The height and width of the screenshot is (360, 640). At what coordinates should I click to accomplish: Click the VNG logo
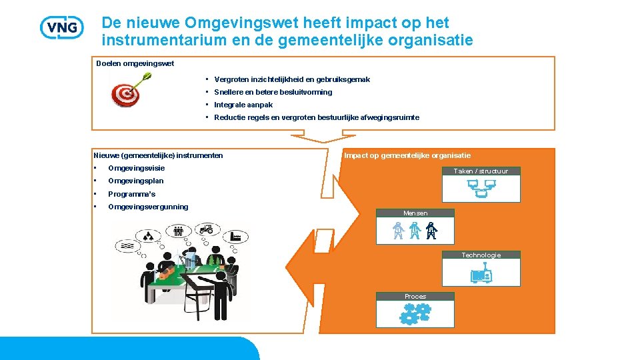click(62, 27)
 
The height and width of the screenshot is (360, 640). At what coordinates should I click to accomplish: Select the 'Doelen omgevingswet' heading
click(135, 63)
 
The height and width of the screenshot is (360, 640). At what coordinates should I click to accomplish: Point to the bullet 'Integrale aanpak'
click(243, 105)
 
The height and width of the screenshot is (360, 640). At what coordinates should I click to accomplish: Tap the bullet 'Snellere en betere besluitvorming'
click(273, 92)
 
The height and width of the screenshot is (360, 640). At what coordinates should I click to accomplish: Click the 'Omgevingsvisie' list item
click(136, 168)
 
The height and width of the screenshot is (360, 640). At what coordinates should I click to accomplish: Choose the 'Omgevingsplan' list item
click(135, 181)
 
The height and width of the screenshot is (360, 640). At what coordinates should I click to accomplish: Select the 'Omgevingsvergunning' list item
click(148, 207)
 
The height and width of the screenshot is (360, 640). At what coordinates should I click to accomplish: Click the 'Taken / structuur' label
click(481, 171)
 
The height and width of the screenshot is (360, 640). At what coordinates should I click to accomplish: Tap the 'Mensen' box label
click(415, 213)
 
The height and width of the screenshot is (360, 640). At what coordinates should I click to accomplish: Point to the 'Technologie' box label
click(481, 255)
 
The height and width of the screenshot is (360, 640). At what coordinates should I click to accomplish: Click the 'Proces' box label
click(415, 297)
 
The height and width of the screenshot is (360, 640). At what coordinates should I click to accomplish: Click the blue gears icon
click(415, 313)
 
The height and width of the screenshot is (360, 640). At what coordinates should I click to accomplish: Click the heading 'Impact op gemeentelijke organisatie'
click(407, 155)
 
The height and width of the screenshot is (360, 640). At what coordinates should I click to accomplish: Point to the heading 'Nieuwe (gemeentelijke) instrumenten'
click(159, 155)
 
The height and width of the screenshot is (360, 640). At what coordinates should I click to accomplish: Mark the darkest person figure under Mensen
click(431, 231)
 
